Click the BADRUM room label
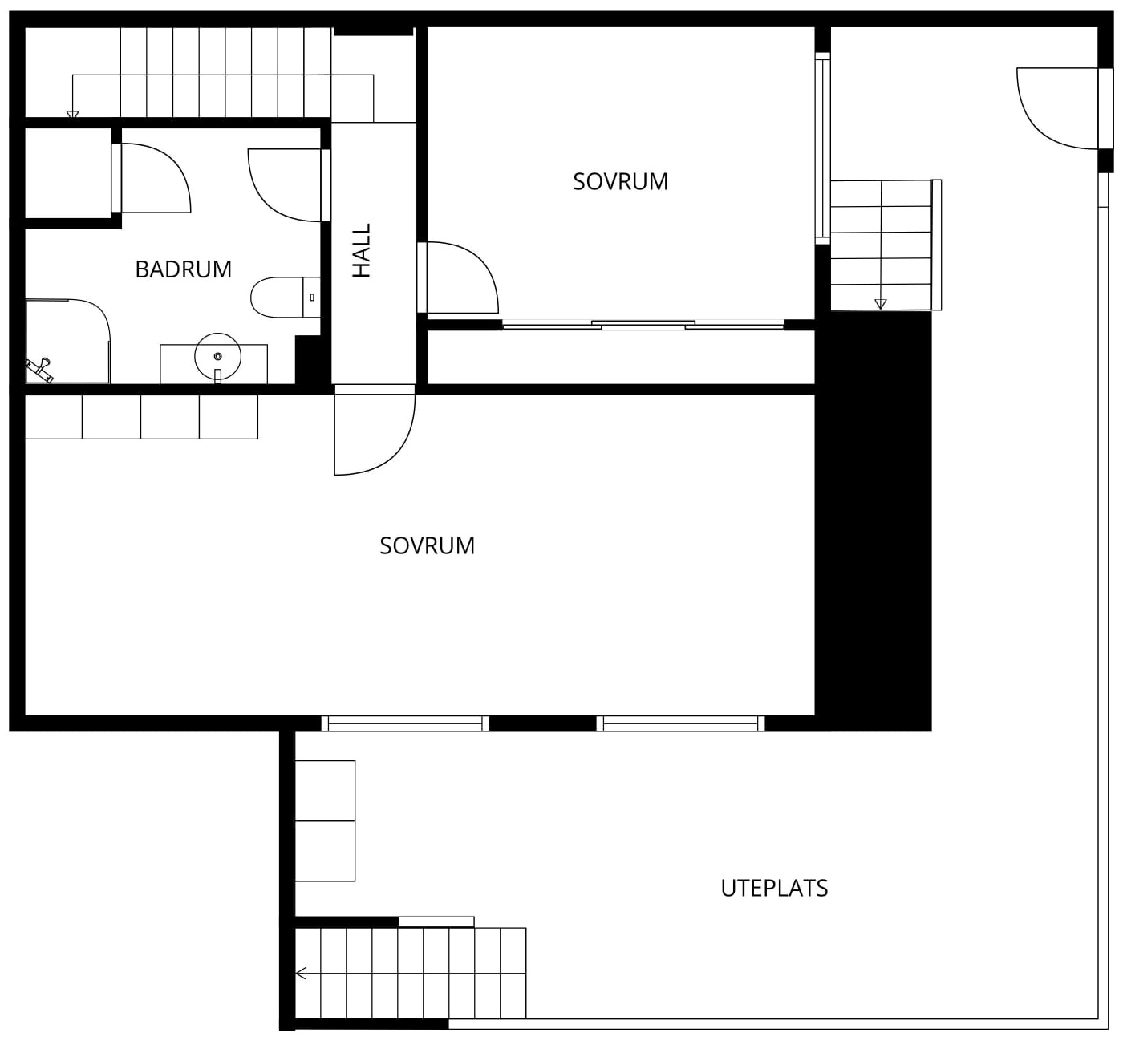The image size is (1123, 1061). tap(183, 269)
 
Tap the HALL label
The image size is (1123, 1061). tap(361, 250)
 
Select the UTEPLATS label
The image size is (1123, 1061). tap(774, 888)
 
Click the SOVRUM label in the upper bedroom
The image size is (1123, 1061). tap(620, 181)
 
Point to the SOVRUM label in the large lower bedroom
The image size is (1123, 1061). tap(427, 546)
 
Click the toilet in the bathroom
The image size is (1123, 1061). tap(286, 297)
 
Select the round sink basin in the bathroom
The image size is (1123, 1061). tap(217, 356)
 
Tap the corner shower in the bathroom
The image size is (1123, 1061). tap(68, 341)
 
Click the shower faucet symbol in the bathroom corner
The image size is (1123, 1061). tap(39, 370)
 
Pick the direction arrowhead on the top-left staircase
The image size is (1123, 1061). tap(72, 115)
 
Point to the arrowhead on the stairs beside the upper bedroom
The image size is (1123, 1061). tap(881, 304)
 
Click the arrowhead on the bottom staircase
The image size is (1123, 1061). tap(302, 974)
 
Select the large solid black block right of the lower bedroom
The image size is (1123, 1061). tap(873, 520)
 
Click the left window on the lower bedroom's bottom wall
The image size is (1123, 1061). tap(405, 723)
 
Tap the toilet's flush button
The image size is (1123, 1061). tap(311, 297)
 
